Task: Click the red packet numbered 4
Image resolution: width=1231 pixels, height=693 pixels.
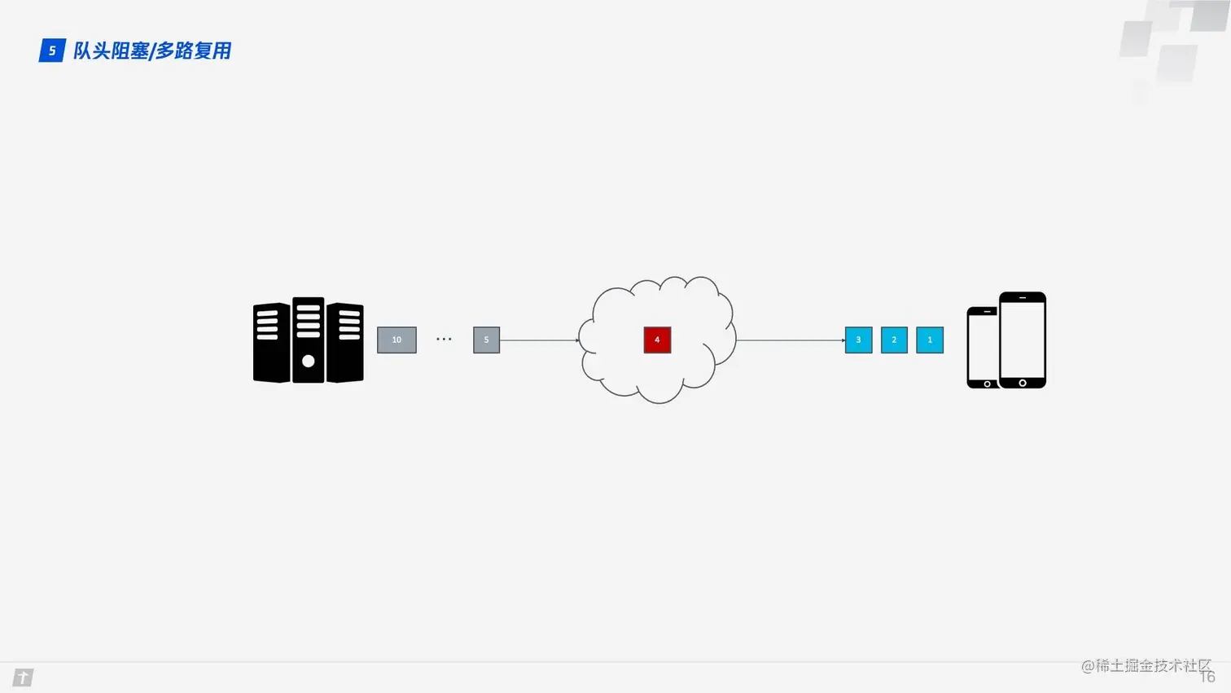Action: [657, 340]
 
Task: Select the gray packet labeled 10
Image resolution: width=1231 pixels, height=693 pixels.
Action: [396, 340]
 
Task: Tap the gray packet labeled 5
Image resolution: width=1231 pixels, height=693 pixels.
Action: [486, 340]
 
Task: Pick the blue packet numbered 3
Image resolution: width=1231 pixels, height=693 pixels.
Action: [858, 340]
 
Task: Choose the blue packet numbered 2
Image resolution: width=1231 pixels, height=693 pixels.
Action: [894, 340]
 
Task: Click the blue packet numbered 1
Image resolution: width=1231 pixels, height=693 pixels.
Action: [930, 340]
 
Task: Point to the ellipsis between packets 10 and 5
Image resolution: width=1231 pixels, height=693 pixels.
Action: [444, 339]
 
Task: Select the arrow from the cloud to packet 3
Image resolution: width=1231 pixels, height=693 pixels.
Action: [790, 340]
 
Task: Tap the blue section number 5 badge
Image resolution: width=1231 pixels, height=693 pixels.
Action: [52, 50]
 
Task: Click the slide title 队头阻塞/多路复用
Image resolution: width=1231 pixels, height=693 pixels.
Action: [152, 50]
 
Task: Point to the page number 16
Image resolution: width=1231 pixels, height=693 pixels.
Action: [1207, 678]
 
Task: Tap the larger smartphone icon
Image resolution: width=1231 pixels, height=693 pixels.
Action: [1023, 340]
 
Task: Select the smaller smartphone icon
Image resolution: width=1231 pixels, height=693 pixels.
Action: [982, 348]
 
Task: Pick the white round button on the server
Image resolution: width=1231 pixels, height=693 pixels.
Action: [308, 361]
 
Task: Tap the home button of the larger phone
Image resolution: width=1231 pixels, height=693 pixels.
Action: [1023, 383]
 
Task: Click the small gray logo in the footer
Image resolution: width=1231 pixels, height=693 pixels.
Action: [23, 678]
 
